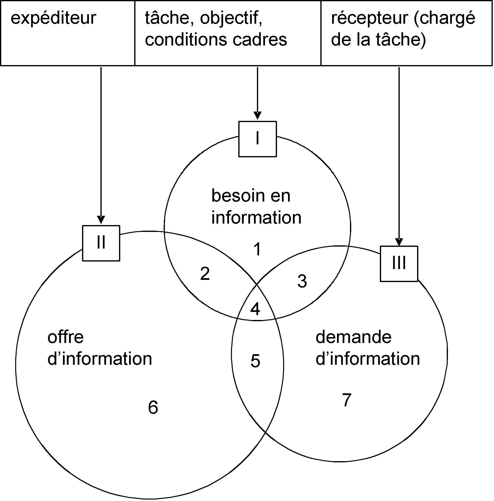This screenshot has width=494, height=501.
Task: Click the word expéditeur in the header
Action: pyautogui.click(x=53, y=19)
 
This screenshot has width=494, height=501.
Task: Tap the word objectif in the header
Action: pyautogui.click(x=231, y=19)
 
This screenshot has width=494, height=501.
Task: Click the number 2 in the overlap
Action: pyautogui.click(x=205, y=274)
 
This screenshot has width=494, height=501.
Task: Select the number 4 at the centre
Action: pyautogui.click(x=255, y=309)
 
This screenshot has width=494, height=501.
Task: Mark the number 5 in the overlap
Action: pyautogui.click(x=255, y=361)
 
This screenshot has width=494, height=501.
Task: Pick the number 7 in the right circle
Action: pyautogui.click(x=347, y=400)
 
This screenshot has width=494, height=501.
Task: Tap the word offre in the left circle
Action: pyautogui.click(x=66, y=337)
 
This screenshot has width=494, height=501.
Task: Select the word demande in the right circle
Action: pyautogui.click(x=353, y=337)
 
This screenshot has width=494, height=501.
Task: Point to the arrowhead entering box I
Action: pyautogui.click(x=257, y=116)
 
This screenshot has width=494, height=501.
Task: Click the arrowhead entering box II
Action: pyautogui.click(x=101, y=220)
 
